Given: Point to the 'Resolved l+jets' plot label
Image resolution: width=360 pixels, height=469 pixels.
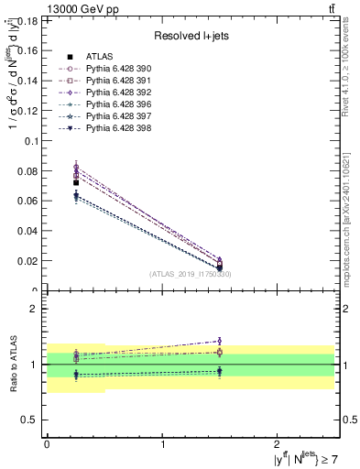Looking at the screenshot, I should click(191, 36).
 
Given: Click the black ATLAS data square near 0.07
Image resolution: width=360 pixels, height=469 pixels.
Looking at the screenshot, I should click(76, 183).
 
